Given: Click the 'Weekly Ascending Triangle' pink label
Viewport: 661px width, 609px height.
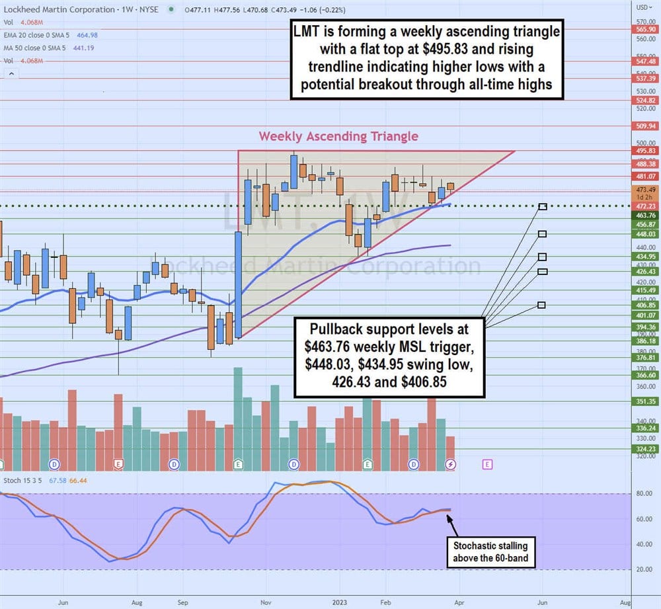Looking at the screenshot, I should point(338,136).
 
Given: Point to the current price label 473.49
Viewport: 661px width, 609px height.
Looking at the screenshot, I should point(643,190).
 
